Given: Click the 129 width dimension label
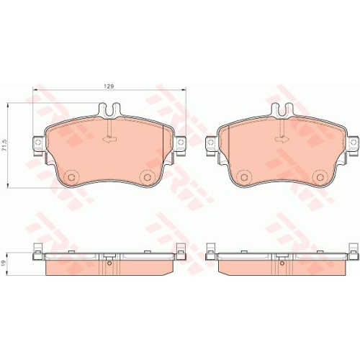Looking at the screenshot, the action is (109, 86).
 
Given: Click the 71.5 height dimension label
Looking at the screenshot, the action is (4, 145).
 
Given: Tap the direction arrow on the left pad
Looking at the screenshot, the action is (109, 139).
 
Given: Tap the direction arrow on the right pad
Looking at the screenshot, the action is (282, 139).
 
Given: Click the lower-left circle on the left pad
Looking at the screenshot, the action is (71, 177).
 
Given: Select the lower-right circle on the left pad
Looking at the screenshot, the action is (147, 177).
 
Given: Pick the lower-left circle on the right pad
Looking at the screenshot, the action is (244, 177).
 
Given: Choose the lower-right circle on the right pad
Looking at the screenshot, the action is (320, 177).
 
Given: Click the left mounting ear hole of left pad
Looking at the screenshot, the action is (37, 142).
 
